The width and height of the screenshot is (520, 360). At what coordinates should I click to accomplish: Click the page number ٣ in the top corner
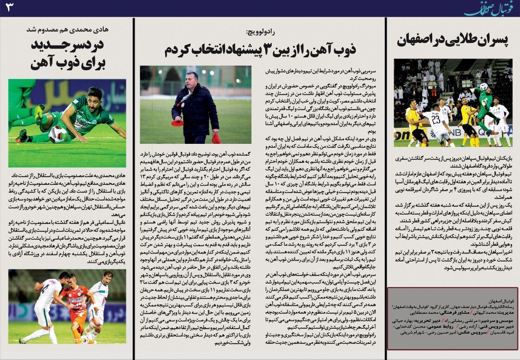pos(9,8)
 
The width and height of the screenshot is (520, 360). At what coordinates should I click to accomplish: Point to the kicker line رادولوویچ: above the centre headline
pos(260,32)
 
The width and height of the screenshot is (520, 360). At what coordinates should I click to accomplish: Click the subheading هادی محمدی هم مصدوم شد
pos(67,29)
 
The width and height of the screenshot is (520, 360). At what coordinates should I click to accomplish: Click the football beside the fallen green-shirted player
pos(57,134)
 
